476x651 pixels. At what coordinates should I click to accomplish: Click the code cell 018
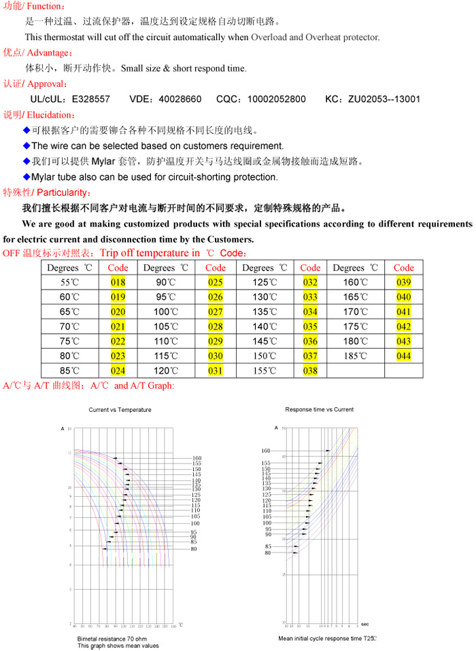118,283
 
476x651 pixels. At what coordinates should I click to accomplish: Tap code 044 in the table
403,356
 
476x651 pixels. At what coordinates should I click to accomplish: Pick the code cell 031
216,371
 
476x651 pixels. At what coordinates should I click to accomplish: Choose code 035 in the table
310,327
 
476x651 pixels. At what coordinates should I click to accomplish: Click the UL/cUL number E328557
90,99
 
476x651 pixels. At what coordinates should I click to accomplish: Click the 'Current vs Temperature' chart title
120,410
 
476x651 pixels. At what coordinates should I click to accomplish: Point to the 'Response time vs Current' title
319,410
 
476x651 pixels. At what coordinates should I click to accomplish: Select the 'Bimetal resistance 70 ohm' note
110,639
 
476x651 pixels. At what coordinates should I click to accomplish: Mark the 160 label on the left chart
197,458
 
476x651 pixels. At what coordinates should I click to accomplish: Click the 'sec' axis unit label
365,624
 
